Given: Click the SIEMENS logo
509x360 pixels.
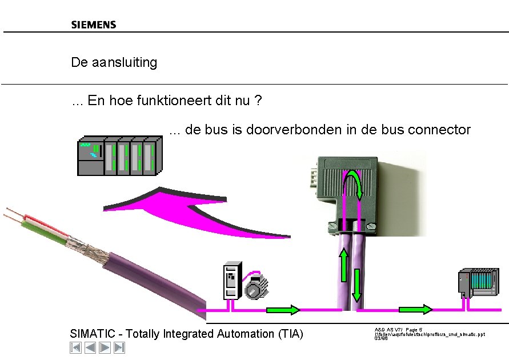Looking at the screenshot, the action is point(94,25).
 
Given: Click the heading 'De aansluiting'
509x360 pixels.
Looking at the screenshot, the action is point(114,62).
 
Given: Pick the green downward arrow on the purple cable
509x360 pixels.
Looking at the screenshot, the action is point(357,285).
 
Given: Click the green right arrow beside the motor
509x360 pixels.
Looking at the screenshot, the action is point(283,310).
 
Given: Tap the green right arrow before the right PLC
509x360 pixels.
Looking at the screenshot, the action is point(415,310).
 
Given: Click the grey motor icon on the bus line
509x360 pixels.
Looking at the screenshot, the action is point(256,286).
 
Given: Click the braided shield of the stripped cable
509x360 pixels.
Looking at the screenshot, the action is point(86,246).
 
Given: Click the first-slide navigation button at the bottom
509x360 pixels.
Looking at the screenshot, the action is point(75,347).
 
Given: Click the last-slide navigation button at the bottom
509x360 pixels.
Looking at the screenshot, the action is point(119,347).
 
